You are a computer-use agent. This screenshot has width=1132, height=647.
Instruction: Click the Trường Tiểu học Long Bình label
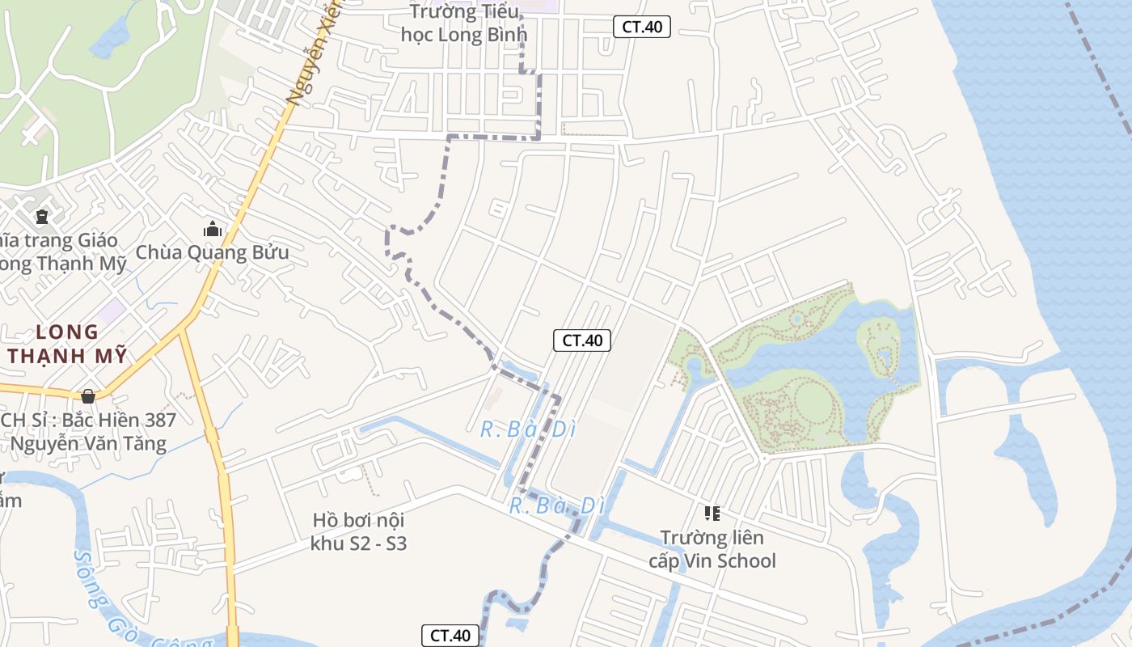point(464,23)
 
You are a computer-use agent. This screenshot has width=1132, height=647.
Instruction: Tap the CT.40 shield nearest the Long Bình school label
point(642,27)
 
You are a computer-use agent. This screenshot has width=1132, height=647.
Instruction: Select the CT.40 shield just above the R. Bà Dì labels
point(582,340)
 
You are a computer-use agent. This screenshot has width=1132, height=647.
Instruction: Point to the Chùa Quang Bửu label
point(212,252)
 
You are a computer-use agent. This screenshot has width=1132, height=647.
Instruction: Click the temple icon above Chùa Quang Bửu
point(213,230)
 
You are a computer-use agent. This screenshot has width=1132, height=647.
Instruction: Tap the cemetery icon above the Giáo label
point(41,217)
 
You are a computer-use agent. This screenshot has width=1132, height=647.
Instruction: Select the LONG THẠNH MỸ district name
point(68,344)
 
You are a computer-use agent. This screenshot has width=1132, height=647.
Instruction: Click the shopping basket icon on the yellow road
point(88,396)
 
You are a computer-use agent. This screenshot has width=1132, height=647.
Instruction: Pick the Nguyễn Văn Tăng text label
point(89,443)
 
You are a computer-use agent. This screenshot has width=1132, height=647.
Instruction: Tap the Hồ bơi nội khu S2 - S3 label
point(358,531)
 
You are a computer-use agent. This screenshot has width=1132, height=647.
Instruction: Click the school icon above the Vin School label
point(712,513)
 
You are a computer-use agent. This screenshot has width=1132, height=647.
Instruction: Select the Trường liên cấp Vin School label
point(712,549)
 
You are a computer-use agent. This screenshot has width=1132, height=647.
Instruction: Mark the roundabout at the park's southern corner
point(764,459)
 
